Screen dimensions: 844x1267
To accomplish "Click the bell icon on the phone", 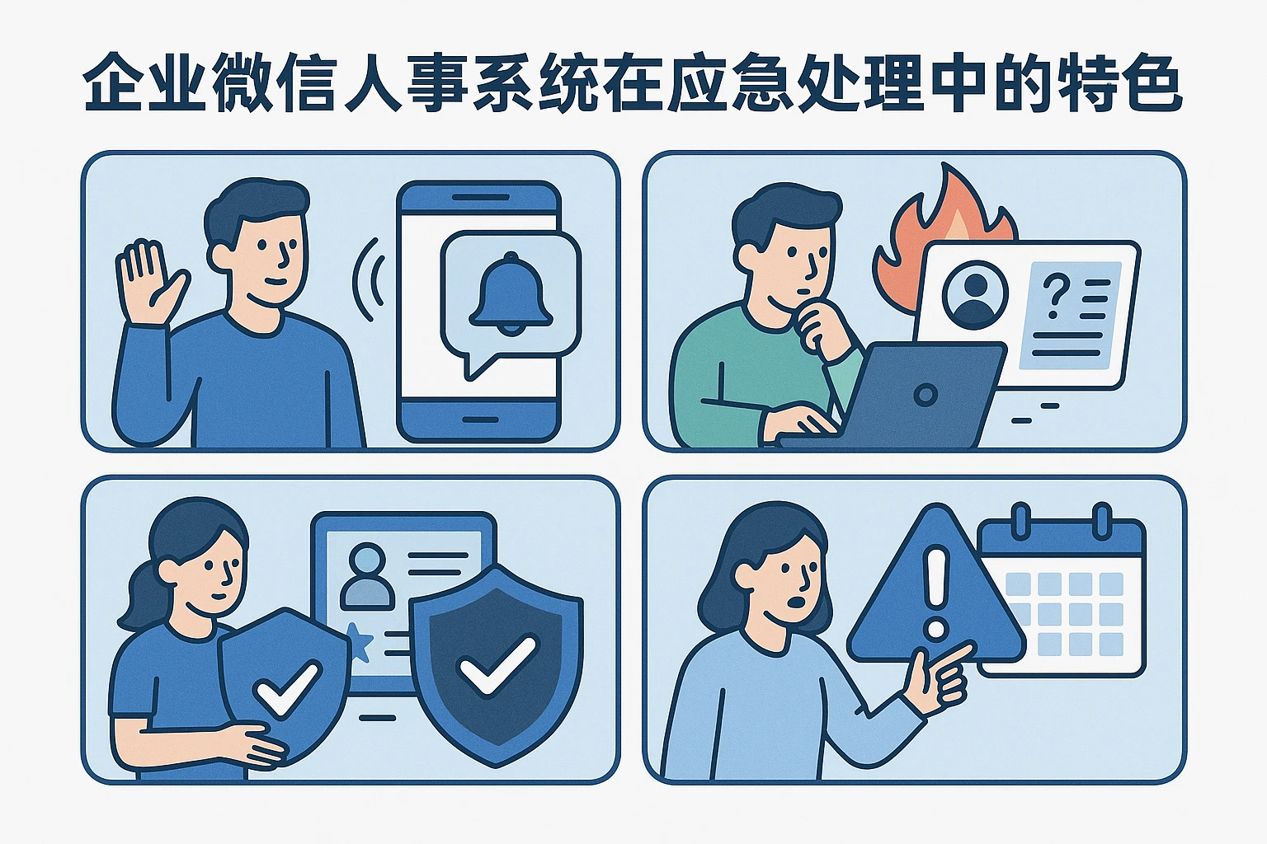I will coord(511,294).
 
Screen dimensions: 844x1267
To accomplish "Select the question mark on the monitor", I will coord(1055,295).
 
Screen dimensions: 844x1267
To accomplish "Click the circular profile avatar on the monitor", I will coord(975,293).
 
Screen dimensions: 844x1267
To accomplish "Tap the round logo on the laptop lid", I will coord(926,395).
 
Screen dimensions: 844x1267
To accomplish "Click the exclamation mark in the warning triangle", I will coord(935,592).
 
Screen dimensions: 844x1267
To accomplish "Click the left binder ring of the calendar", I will coord(1020,520).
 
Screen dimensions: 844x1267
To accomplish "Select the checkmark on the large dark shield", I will coord(497,664).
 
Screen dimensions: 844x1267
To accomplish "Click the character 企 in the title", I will coord(114,83).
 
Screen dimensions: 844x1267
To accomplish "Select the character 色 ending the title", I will coord(1152,83).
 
